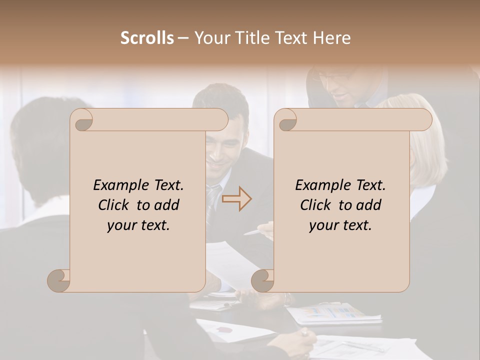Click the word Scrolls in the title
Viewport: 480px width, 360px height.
tap(147, 38)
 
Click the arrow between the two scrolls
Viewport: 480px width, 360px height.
tap(236, 199)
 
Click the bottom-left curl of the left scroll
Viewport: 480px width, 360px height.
tap(59, 280)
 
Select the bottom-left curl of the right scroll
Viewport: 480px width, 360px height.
tap(263, 280)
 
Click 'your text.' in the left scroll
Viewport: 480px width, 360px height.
tap(138, 225)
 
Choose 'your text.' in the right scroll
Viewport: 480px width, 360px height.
tap(340, 225)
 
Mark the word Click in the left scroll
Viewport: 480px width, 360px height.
tap(113, 205)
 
